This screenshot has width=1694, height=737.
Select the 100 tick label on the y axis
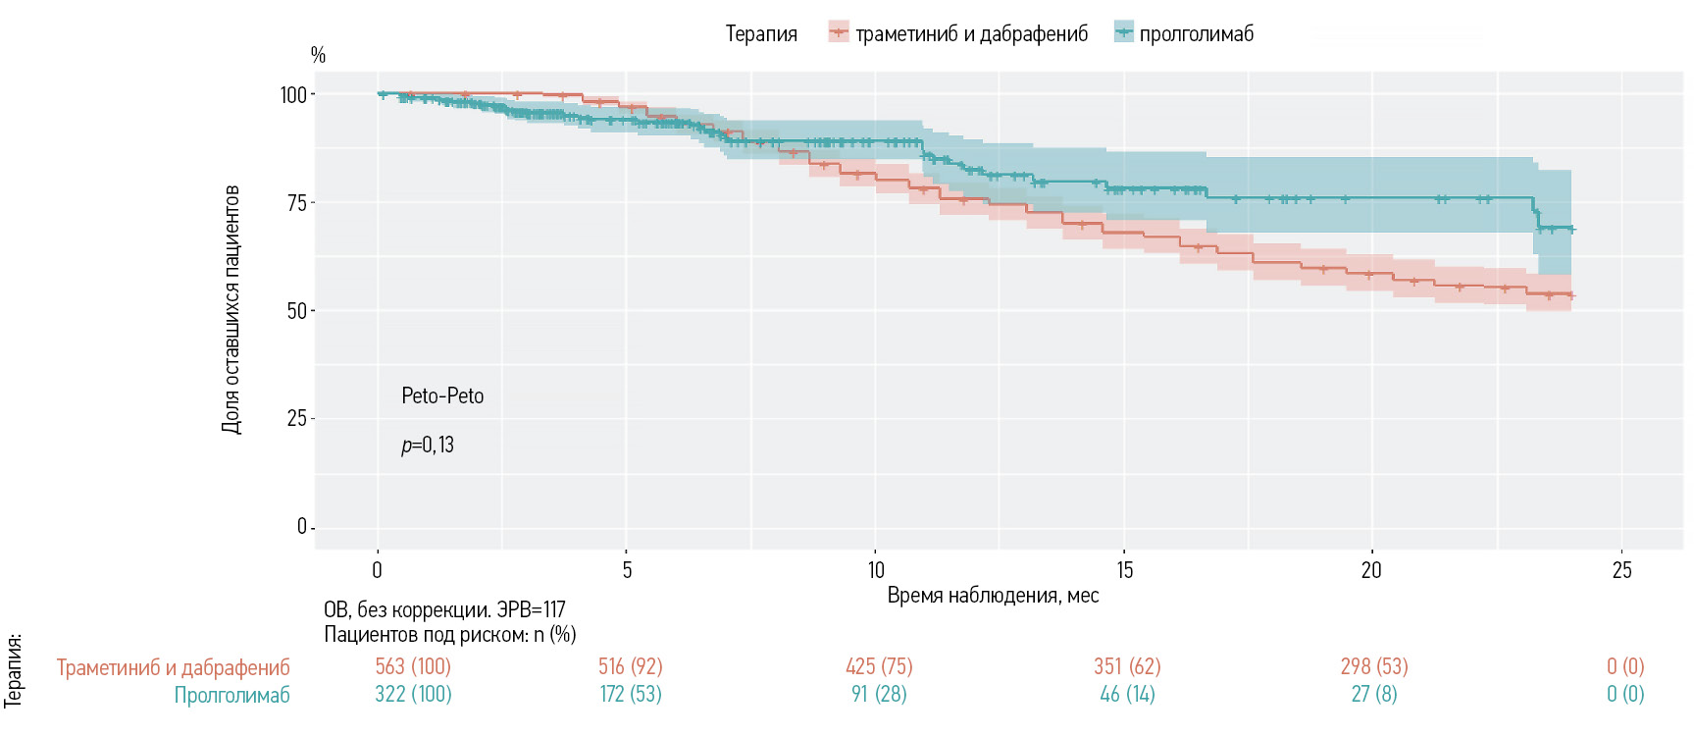pyautogui.click(x=293, y=95)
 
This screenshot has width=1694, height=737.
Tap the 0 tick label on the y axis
pyautogui.click(x=302, y=527)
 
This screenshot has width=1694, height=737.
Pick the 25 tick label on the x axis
pyautogui.click(x=1622, y=570)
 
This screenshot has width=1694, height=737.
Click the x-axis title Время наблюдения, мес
pyautogui.click(x=993, y=596)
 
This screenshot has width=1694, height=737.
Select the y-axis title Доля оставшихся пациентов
pyautogui.click(x=231, y=309)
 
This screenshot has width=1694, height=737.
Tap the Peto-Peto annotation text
pyautogui.click(x=442, y=396)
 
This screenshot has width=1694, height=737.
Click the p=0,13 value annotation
pyautogui.click(x=428, y=446)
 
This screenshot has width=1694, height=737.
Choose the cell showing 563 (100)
pyautogui.click(x=413, y=667)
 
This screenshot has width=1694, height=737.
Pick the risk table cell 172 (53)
pyautogui.click(x=631, y=695)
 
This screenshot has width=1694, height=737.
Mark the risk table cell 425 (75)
pyautogui.click(x=879, y=667)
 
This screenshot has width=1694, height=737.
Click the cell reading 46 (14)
pyautogui.click(x=1127, y=695)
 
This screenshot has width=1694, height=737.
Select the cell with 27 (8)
pyautogui.click(x=1373, y=695)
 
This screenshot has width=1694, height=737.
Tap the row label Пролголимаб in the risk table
pyautogui.click(x=232, y=696)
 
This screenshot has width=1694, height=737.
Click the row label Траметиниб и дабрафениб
pyautogui.click(x=174, y=668)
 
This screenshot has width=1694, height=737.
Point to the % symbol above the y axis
pyautogui.click(x=318, y=55)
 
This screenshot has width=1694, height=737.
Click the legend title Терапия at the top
pyautogui.click(x=761, y=34)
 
